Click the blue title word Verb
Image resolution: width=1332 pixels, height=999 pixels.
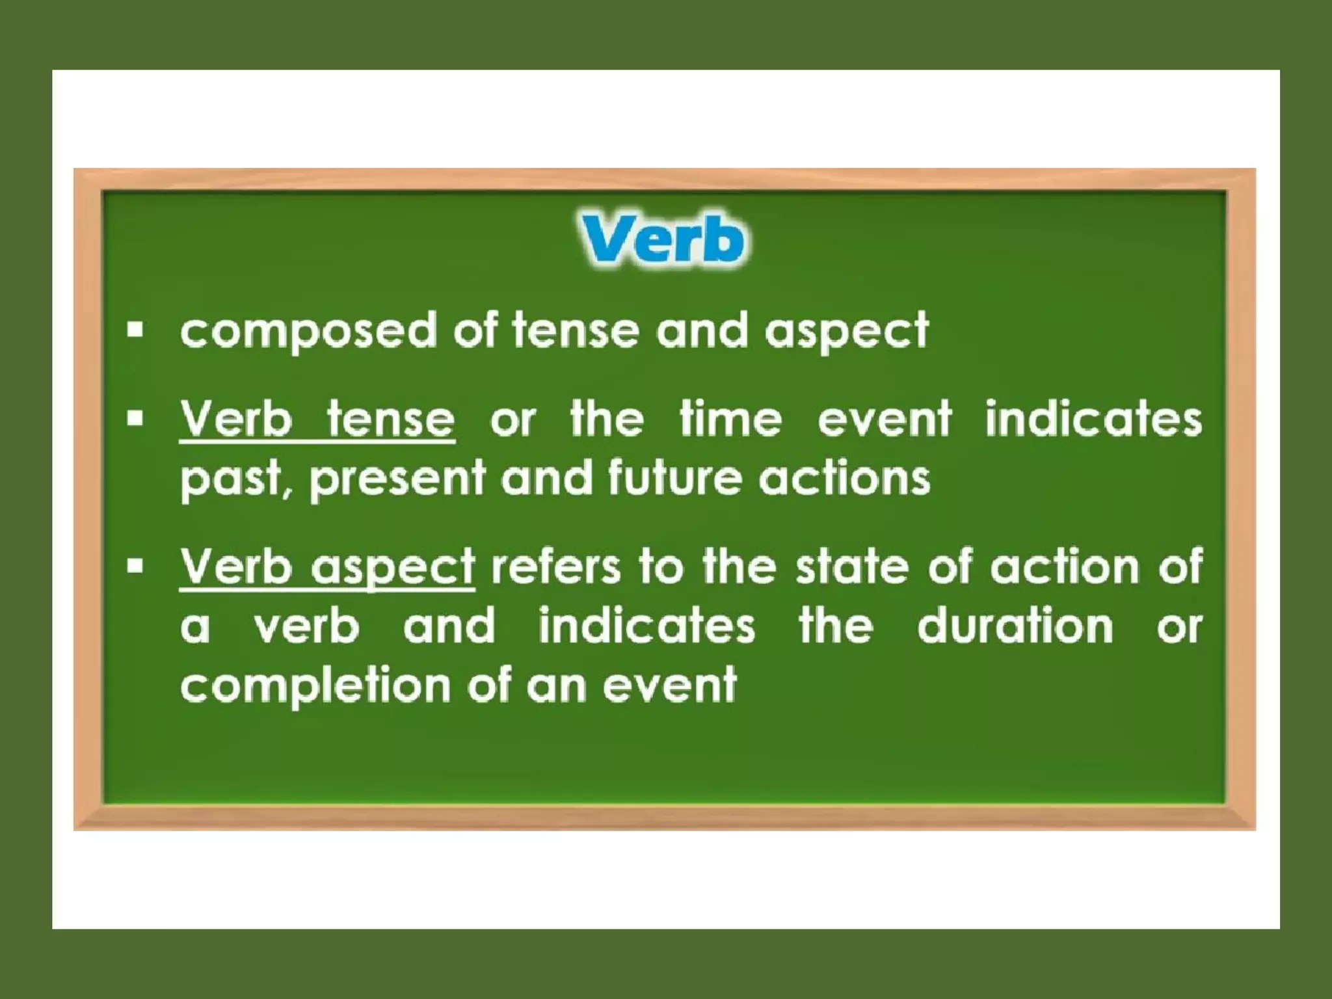point(662,240)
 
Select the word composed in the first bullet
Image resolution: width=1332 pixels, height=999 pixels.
point(308,331)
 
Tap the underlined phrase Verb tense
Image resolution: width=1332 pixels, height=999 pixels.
point(317,420)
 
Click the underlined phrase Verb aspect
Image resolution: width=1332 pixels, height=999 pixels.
point(327,568)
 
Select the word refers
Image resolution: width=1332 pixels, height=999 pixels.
point(556,567)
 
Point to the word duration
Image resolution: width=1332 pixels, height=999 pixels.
point(1015,626)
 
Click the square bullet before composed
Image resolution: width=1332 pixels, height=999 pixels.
point(135,330)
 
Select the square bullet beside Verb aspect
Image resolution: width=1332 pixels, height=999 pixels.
point(135,566)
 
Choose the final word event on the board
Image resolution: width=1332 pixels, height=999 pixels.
point(670,686)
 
